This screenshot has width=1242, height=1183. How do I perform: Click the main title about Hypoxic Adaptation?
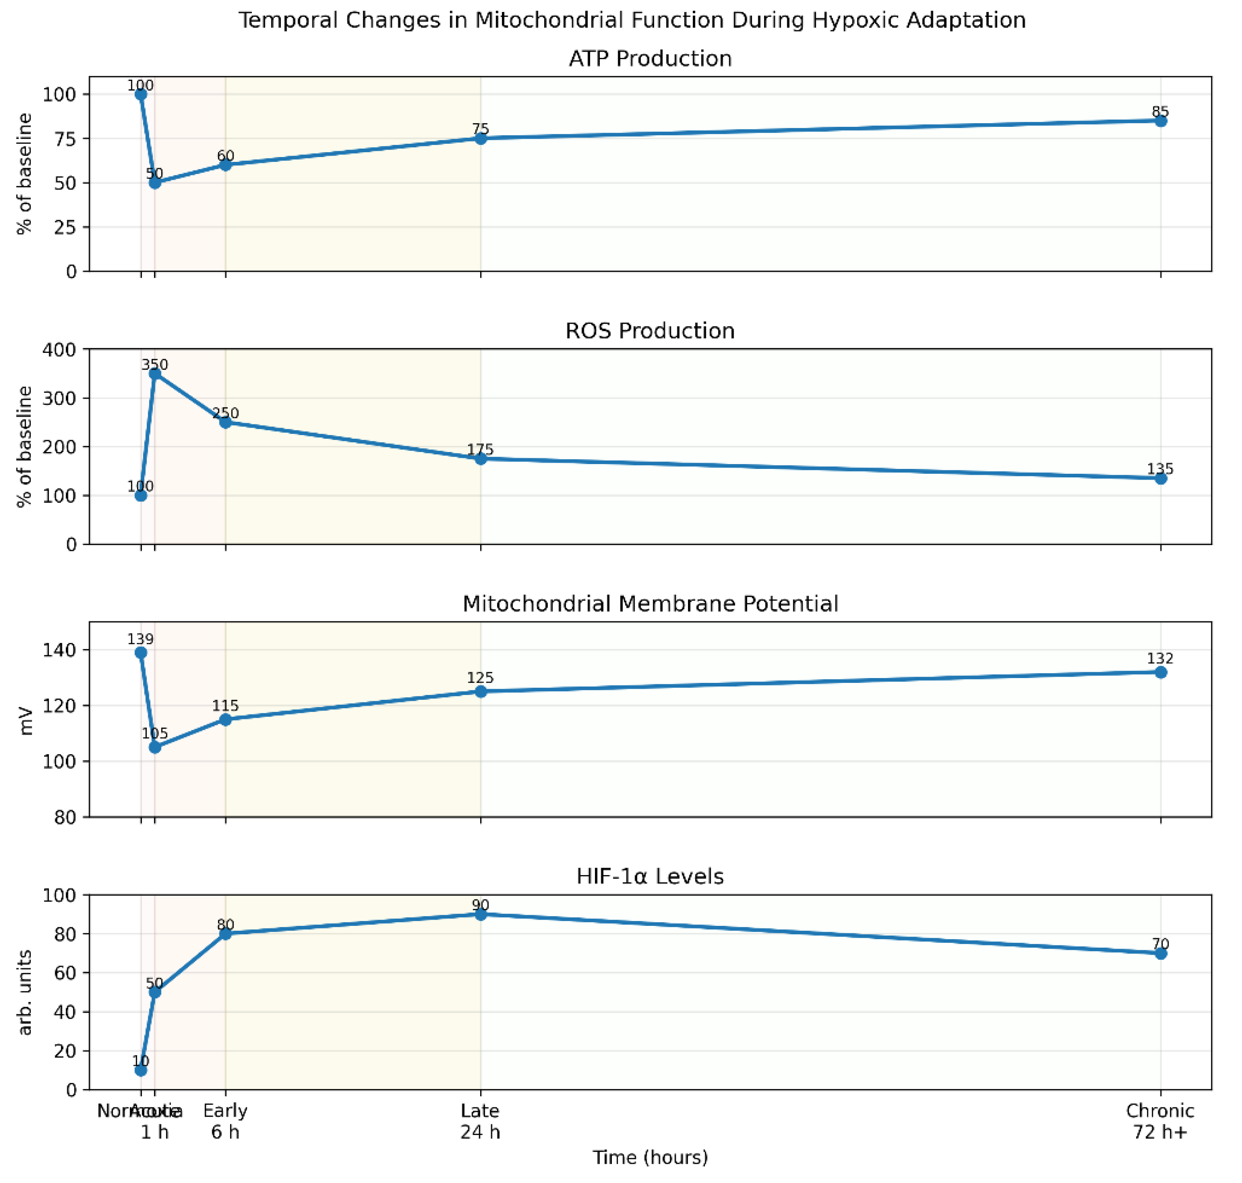(x=631, y=20)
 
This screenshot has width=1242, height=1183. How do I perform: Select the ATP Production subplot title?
(x=650, y=59)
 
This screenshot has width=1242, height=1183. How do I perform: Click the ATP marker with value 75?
(x=480, y=139)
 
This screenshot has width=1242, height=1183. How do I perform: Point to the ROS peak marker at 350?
(x=154, y=375)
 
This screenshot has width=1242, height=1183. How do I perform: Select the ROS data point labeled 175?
(x=480, y=459)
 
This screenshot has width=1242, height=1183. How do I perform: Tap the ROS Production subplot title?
(x=650, y=331)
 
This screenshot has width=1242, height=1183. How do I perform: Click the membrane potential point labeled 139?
(x=141, y=653)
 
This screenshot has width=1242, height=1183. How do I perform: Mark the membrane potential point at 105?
(x=154, y=747)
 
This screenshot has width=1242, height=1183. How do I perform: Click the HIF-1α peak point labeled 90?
(x=480, y=914)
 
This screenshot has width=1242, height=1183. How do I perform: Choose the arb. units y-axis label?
(x=25, y=993)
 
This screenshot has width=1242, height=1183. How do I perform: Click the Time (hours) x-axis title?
(x=650, y=1158)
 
